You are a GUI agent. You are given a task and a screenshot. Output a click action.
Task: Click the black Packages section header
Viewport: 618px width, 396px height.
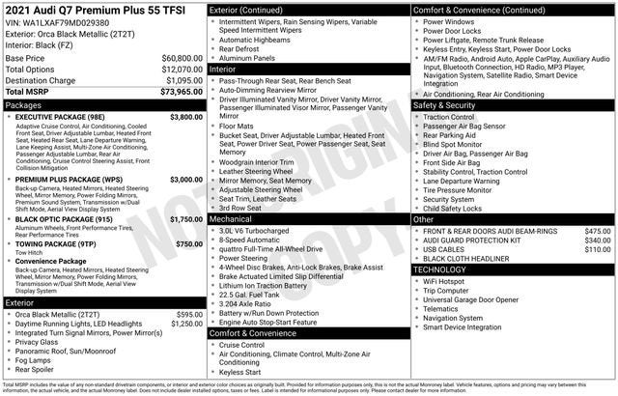(103, 103)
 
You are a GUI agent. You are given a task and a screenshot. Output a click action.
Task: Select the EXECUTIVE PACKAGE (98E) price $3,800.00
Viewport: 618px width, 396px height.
(184, 116)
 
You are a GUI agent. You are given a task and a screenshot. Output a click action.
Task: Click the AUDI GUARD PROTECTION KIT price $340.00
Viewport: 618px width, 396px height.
(597, 240)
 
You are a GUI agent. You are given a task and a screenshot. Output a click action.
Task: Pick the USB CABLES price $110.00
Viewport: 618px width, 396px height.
(597, 250)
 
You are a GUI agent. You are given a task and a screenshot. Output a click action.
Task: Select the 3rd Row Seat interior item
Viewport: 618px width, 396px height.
(246, 208)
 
